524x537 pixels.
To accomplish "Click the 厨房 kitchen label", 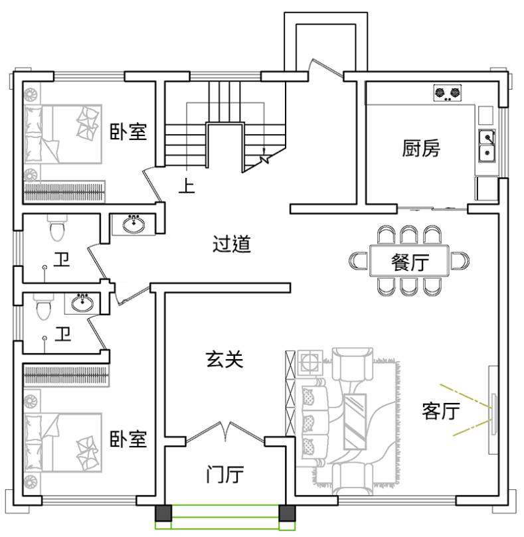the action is pos(421,148).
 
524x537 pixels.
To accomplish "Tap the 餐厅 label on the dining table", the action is pos(410,262).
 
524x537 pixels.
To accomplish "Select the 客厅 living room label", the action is pos(441,411).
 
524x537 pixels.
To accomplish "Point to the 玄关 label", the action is pos(225,359).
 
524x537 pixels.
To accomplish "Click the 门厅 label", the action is pos(225,474).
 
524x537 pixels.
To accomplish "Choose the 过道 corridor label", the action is pos(232,244).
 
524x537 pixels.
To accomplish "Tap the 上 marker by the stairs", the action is pos(187,186).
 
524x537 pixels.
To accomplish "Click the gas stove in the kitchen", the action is pos(447,93).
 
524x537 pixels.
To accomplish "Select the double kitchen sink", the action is pos(487,146).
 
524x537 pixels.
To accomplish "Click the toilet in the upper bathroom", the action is pos(57,228).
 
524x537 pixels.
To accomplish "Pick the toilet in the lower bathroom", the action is pos(44,307).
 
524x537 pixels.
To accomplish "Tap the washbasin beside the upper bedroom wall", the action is pos(133,224).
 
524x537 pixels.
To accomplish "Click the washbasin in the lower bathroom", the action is pos(82,303).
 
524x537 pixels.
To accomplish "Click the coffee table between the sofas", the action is pos(355,422).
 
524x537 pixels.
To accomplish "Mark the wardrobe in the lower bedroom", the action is pos(66,375).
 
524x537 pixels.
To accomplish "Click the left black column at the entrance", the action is pos(163,513).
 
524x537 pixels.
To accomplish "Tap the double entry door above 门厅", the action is pos(225,433).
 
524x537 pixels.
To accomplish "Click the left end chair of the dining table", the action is pos(359,261).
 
